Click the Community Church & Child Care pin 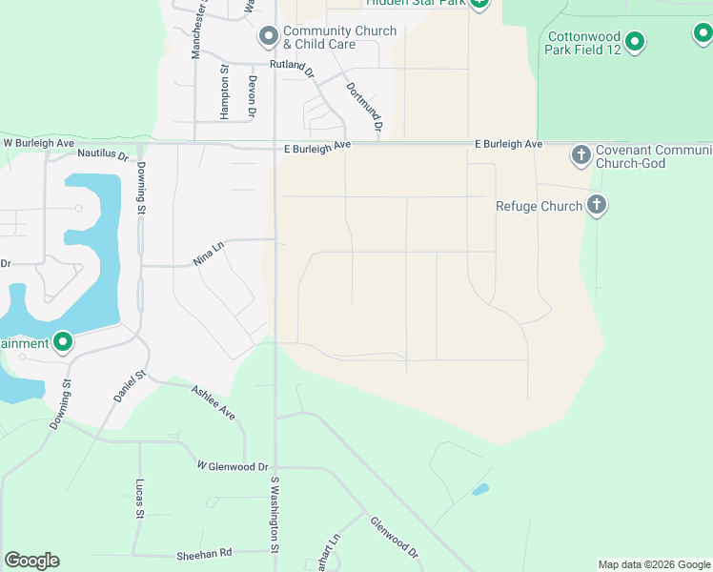pyautogui.click(x=269, y=37)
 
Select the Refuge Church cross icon pyautogui.click(x=597, y=205)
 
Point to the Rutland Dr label pyautogui.click(x=292, y=66)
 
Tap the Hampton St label pyautogui.click(x=225, y=92)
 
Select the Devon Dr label pyautogui.click(x=253, y=96)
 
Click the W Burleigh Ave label pyautogui.click(x=39, y=143)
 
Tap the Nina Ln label pyautogui.click(x=208, y=254)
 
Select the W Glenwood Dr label pyautogui.click(x=233, y=466)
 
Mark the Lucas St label pyautogui.click(x=139, y=499)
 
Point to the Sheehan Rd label pyautogui.click(x=204, y=553)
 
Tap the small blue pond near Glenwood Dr pyautogui.click(x=480, y=490)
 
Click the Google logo pyautogui.click(x=32, y=561)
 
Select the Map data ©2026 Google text pyautogui.click(x=654, y=564)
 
